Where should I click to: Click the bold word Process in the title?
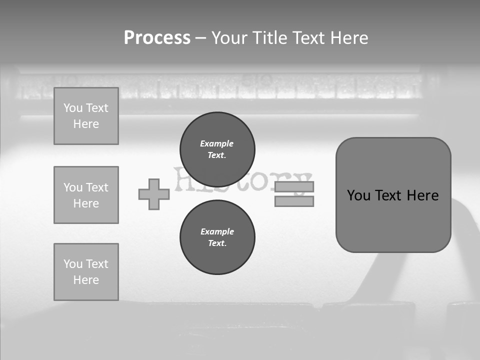point(157,38)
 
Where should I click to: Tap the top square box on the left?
point(86,116)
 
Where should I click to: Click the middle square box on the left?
point(86,195)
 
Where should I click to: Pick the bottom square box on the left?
point(86,271)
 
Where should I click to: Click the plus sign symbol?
point(154,194)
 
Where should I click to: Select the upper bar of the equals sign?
point(294,187)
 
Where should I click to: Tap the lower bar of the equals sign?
point(294,201)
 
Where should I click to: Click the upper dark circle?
point(217,149)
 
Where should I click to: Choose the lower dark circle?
point(217,237)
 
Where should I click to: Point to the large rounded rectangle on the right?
point(393,194)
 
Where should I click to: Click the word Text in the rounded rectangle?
point(389,195)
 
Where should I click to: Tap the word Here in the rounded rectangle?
point(422,195)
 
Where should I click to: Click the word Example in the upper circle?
point(217,143)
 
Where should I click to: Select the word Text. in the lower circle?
point(217,243)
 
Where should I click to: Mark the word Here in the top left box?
point(86,124)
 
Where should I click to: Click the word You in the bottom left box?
point(72,264)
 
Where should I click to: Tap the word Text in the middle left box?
point(96,187)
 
